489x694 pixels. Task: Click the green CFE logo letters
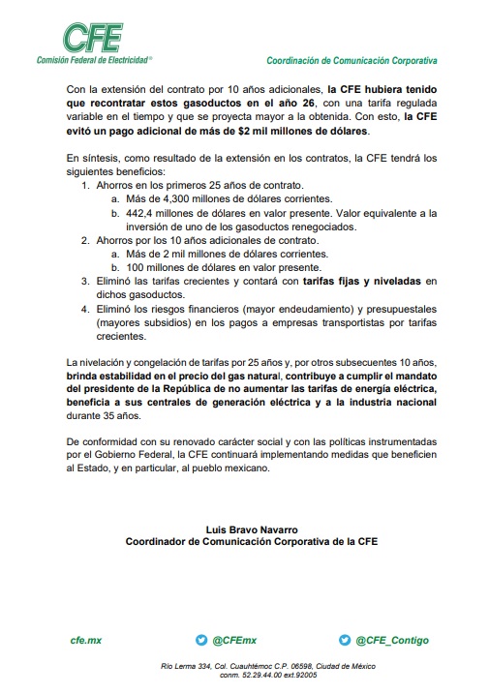coord(93,38)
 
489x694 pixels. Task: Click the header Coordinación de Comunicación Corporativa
coord(351,60)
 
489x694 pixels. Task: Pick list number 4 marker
coord(85,310)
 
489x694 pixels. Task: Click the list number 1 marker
coord(85,184)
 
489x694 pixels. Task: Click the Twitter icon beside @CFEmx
coord(201,640)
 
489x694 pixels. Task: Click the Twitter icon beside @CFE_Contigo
coord(345,640)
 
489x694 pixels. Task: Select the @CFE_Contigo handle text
coord(392,640)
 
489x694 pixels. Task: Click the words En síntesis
coord(92,157)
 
